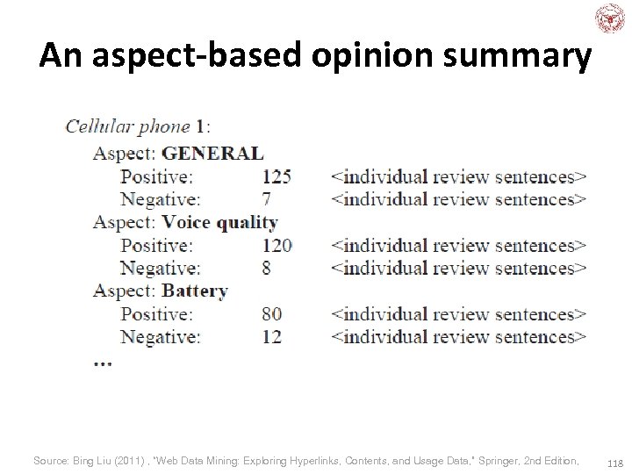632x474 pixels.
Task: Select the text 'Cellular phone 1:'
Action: (138, 126)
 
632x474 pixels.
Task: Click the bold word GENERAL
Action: (212, 153)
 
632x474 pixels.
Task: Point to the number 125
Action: (276, 176)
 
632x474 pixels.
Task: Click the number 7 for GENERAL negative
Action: (266, 199)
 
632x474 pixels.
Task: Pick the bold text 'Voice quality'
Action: (219, 222)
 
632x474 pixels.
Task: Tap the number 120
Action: (276, 245)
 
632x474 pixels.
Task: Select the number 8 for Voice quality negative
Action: (266, 268)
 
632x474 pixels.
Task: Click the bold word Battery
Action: (195, 291)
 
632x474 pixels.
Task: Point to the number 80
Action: (271, 313)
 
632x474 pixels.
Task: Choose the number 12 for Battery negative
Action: (271, 336)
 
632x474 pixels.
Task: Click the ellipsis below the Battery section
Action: (102, 363)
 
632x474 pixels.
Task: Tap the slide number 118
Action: (614, 462)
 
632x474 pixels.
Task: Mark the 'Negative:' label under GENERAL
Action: (160, 199)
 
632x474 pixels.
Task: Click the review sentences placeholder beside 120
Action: (458, 245)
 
